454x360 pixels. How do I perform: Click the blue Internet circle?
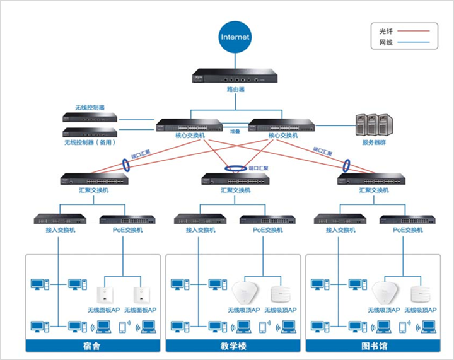click(x=235, y=37)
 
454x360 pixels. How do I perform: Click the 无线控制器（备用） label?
click(x=90, y=142)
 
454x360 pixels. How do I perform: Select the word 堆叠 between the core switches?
click(x=235, y=131)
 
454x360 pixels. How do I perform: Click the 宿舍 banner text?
click(x=93, y=346)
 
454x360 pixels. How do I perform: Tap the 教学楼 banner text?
click(x=235, y=346)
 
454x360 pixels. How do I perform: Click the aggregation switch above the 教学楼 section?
click(x=235, y=179)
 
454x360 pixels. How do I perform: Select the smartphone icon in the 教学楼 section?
click(x=263, y=327)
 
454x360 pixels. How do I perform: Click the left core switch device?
click(x=189, y=125)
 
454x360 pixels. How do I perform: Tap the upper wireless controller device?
click(x=90, y=117)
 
